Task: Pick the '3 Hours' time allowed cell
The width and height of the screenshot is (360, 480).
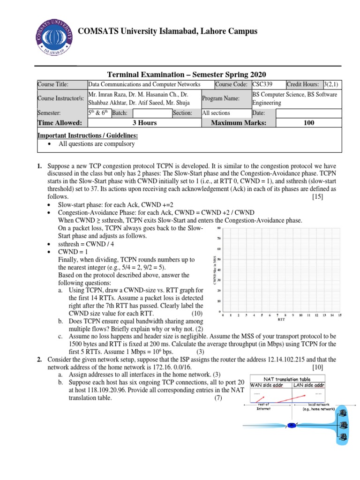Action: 144,123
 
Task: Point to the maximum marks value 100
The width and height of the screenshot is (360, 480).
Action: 309,123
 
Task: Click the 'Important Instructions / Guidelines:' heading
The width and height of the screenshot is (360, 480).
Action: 88,135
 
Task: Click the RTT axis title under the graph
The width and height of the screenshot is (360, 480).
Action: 281,321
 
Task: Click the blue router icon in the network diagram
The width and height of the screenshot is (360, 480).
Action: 292,425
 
